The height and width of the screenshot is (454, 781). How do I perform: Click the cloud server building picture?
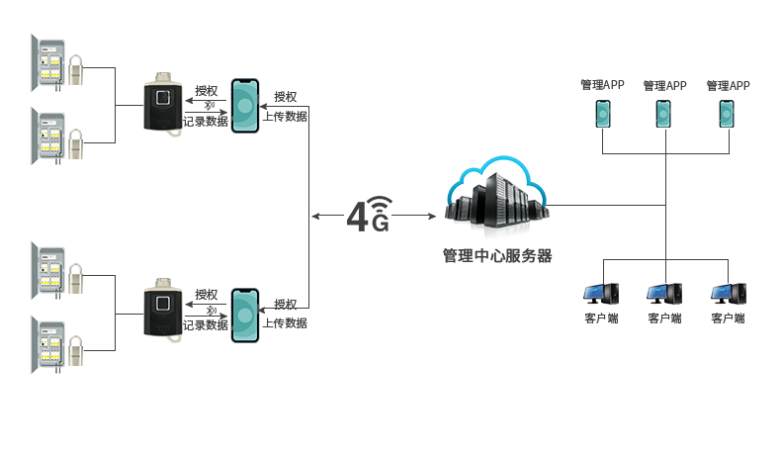click(496, 197)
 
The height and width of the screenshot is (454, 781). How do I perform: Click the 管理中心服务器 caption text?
click(496, 256)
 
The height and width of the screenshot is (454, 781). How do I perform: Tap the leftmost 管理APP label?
click(602, 85)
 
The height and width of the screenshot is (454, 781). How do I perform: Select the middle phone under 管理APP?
click(664, 114)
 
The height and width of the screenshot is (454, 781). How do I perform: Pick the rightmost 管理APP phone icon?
click(728, 114)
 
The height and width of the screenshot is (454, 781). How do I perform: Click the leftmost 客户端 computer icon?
click(600, 296)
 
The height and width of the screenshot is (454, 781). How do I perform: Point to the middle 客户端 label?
click(664, 318)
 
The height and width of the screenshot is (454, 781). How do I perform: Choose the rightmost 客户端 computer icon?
click(728, 296)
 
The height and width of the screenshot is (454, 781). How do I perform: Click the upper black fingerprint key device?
click(162, 104)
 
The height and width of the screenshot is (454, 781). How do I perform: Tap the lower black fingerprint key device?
click(162, 312)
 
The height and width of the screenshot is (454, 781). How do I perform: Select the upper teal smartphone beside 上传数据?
click(244, 106)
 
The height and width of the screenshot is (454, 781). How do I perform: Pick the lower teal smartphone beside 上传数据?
click(244, 316)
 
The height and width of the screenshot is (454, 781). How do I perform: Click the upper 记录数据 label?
click(206, 121)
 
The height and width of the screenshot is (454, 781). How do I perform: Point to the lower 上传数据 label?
click(285, 322)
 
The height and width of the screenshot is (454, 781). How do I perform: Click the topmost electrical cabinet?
click(47, 63)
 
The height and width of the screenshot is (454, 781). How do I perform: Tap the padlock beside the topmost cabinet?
click(75, 70)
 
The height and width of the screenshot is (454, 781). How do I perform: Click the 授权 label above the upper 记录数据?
click(206, 91)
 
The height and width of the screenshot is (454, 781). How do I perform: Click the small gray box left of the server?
click(370, 214)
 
